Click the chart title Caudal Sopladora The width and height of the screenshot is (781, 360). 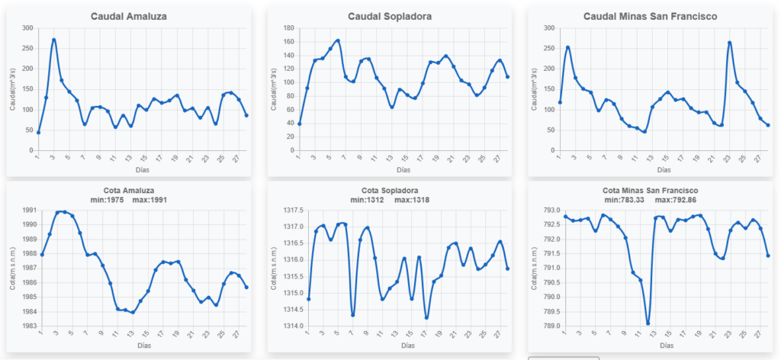tap(389, 16)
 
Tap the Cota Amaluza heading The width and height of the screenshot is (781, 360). tap(129, 190)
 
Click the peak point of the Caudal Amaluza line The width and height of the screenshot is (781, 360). tap(53, 40)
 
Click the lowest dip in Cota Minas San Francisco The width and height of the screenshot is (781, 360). tap(648, 323)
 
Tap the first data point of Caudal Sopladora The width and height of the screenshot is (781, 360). tap(300, 124)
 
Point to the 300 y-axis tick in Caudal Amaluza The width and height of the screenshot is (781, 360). tap(27, 28)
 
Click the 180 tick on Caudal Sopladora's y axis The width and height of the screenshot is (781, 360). tap(288, 28)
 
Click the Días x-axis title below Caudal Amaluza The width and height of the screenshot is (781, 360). tap(142, 169)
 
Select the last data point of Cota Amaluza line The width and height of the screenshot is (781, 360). tap(246, 287)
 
